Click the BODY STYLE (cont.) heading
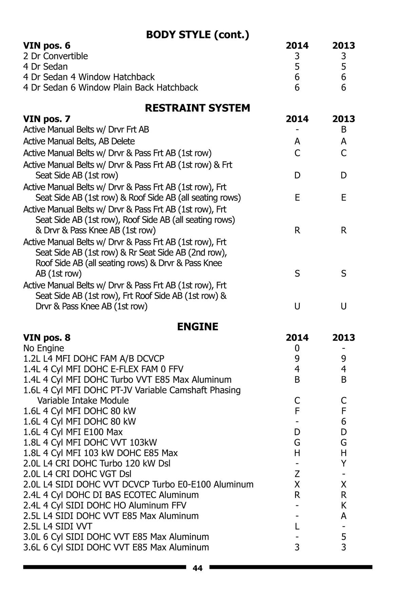(x=197, y=35)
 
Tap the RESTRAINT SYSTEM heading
(x=197, y=108)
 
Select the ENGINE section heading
(x=197, y=327)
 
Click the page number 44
(x=197, y=568)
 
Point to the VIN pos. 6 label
(x=47, y=46)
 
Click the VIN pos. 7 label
(x=47, y=119)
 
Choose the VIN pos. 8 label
(x=47, y=338)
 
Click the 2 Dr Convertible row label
(x=55, y=56)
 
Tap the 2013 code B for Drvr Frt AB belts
(x=344, y=129)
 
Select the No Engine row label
(x=43, y=348)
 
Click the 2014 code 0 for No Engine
(x=297, y=348)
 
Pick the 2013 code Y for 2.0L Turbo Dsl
(x=344, y=464)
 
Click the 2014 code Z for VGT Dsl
(x=297, y=474)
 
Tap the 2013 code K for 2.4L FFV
(x=344, y=506)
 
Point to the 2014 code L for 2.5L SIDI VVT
(x=297, y=527)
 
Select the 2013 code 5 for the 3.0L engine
(x=344, y=537)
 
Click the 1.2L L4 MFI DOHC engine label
(x=94, y=359)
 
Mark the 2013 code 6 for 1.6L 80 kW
(x=344, y=421)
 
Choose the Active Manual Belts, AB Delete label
(x=79, y=141)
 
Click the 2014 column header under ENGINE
(x=297, y=338)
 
